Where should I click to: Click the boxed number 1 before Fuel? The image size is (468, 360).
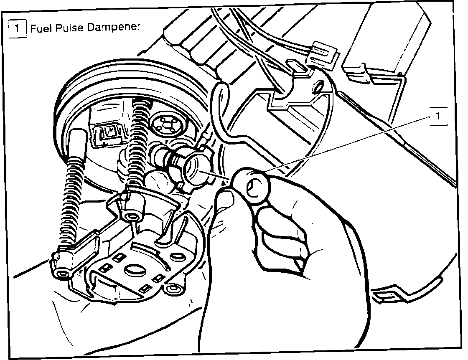[17, 29]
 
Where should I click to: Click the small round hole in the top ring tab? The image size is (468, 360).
[318, 88]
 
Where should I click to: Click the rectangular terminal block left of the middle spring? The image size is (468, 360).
[107, 132]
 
